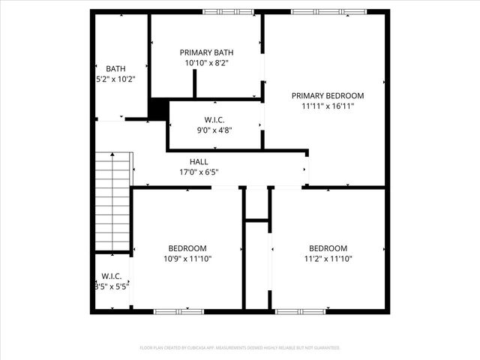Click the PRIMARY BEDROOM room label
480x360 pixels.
pyautogui.click(x=327, y=95)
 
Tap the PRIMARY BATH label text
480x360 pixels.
pyautogui.click(x=206, y=52)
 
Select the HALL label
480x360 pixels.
pyautogui.click(x=199, y=161)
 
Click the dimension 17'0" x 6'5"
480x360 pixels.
pyautogui.click(x=199, y=172)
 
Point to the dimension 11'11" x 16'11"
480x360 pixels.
pyautogui.click(x=327, y=106)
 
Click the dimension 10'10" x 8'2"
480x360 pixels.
pyautogui.click(x=206, y=64)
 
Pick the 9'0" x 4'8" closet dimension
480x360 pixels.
pyautogui.click(x=214, y=130)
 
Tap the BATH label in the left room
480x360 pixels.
pyautogui.click(x=115, y=68)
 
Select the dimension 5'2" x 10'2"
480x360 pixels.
pyautogui.click(x=115, y=79)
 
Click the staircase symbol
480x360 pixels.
pyautogui.click(x=113, y=200)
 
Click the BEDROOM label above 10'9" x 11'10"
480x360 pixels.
pyautogui.click(x=187, y=248)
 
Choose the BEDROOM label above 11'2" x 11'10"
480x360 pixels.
pyautogui.click(x=328, y=248)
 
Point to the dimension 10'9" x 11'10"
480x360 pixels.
pyautogui.click(x=187, y=259)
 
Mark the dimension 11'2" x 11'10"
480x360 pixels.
pyautogui.click(x=328, y=259)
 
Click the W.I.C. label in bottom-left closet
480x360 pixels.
pyautogui.click(x=112, y=276)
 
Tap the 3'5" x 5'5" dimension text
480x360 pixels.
pyautogui.click(x=112, y=286)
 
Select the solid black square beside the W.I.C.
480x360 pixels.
pyautogui.click(x=158, y=109)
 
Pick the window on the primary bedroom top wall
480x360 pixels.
pyautogui.click(x=328, y=12)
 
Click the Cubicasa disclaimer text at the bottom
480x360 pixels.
pyautogui.click(x=240, y=348)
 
